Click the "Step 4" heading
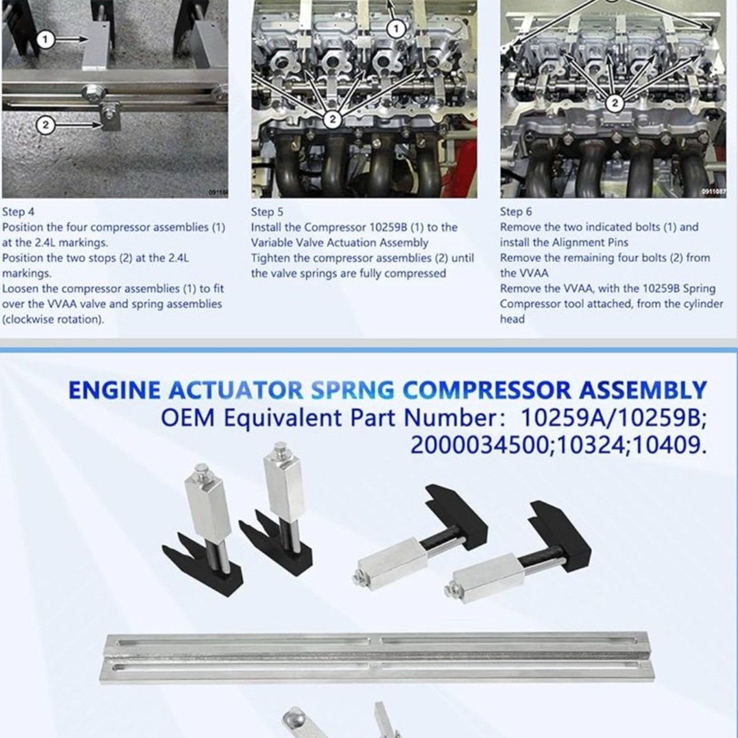point(18,212)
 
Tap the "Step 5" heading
point(267,212)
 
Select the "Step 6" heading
point(516,212)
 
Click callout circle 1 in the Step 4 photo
point(45,40)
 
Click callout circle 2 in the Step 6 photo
point(614,103)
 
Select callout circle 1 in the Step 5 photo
point(395,29)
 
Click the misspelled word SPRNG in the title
point(353,390)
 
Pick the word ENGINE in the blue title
point(114,390)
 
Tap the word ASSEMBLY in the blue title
point(643,390)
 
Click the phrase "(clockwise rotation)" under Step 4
point(53,319)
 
